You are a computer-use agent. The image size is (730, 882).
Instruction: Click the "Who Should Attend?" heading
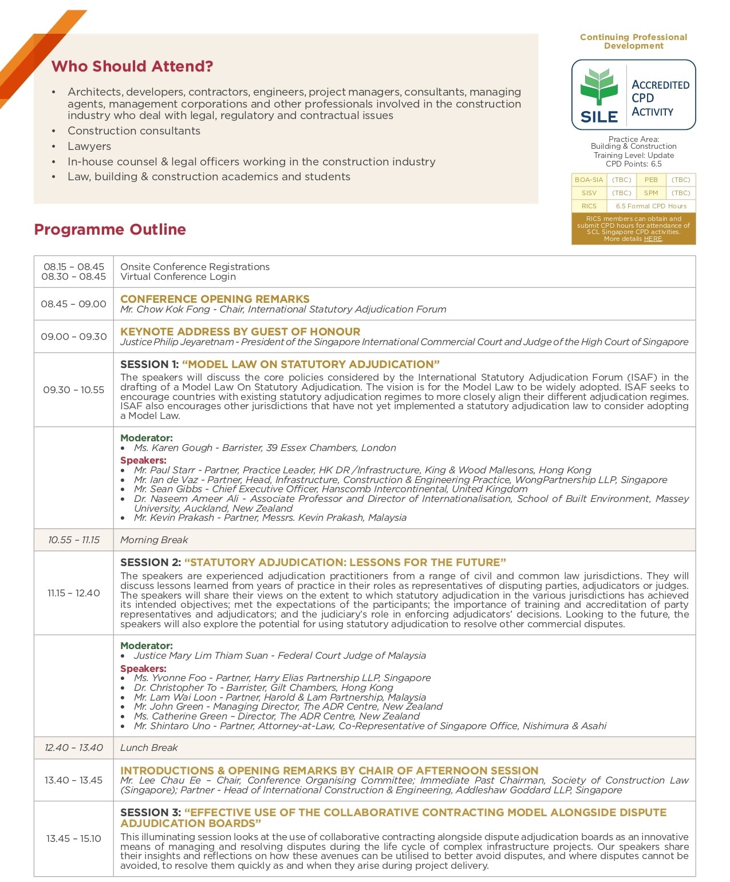point(132,66)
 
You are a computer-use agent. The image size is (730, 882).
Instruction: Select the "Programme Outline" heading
point(110,230)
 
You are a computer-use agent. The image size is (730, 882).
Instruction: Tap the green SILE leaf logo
point(599,86)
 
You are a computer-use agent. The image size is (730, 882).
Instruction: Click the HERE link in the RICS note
point(653,239)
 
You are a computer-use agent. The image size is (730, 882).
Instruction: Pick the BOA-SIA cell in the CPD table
point(589,180)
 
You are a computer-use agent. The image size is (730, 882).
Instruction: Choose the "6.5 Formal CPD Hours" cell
point(651,206)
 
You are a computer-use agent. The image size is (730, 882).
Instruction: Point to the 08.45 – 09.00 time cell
point(73,304)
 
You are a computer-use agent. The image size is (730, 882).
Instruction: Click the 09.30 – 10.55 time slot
point(73,390)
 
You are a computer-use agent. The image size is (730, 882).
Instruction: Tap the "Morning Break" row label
point(154,540)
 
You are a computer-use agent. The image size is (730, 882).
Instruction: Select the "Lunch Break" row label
point(149,747)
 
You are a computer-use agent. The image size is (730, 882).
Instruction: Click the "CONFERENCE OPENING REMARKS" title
point(215,299)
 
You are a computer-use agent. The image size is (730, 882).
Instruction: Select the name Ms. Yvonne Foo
point(170,678)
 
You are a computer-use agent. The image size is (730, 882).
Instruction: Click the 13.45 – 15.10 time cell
point(73,839)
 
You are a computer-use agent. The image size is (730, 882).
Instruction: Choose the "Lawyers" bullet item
point(89,146)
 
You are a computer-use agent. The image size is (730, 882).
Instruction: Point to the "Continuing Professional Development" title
point(633,41)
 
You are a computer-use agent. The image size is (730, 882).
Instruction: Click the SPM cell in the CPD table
point(651,193)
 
